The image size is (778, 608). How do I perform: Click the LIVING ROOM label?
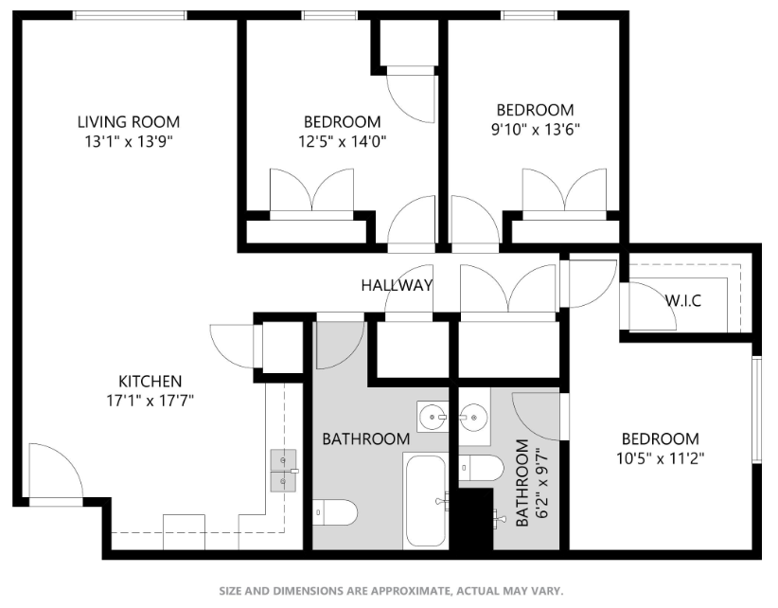click(x=128, y=122)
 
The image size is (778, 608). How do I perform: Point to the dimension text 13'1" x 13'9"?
click(x=128, y=141)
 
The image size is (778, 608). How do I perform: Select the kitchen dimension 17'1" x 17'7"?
click(x=143, y=400)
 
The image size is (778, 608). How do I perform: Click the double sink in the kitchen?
click(x=284, y=471)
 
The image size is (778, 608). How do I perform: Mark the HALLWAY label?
click(x=397, y=285)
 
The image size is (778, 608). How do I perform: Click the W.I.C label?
click(x=682, y=300)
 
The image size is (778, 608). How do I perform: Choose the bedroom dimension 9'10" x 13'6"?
click(x=535, y=129)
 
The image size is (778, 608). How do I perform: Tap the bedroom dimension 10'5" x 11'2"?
click(x=660, y=457)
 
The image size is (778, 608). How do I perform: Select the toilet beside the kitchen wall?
click(x=335, y=512)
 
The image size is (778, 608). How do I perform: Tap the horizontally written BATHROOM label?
click(x=365, y=439)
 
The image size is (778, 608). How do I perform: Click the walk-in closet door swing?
click(x=652, y=306)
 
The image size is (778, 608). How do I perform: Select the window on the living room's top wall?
click(x=130, y=14)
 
